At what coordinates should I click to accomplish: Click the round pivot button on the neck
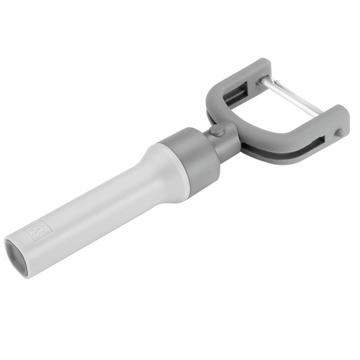[216, 132]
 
